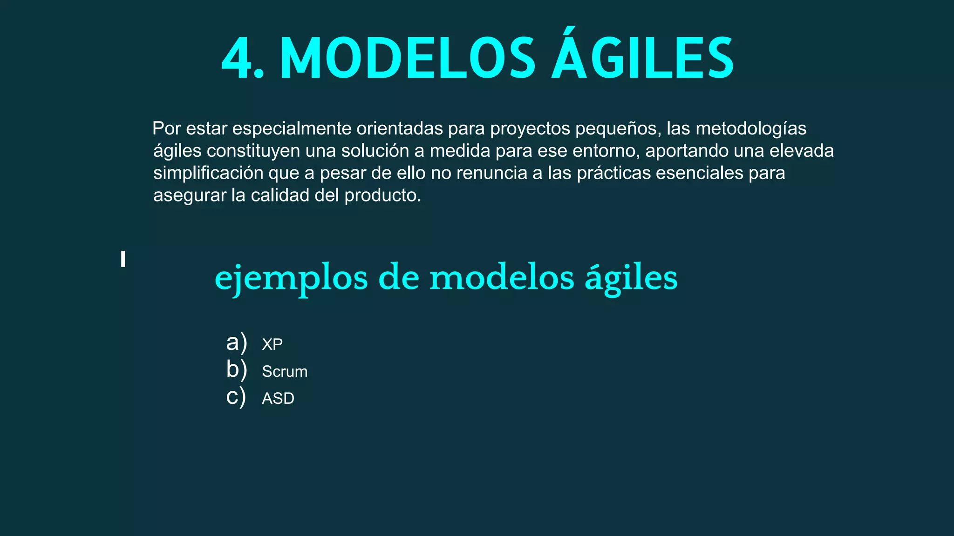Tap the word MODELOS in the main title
(x=408, y=60)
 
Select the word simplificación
(x=208, y=173)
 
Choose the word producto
(x=382, y=196)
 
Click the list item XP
(x=272, y=344)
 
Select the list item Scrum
(x=285, y=371)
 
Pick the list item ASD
(x=278, y=398)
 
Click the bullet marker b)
(x=236, y=370)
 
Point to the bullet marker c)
(x=236, y=397)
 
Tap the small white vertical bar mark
(x=123, y=259)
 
